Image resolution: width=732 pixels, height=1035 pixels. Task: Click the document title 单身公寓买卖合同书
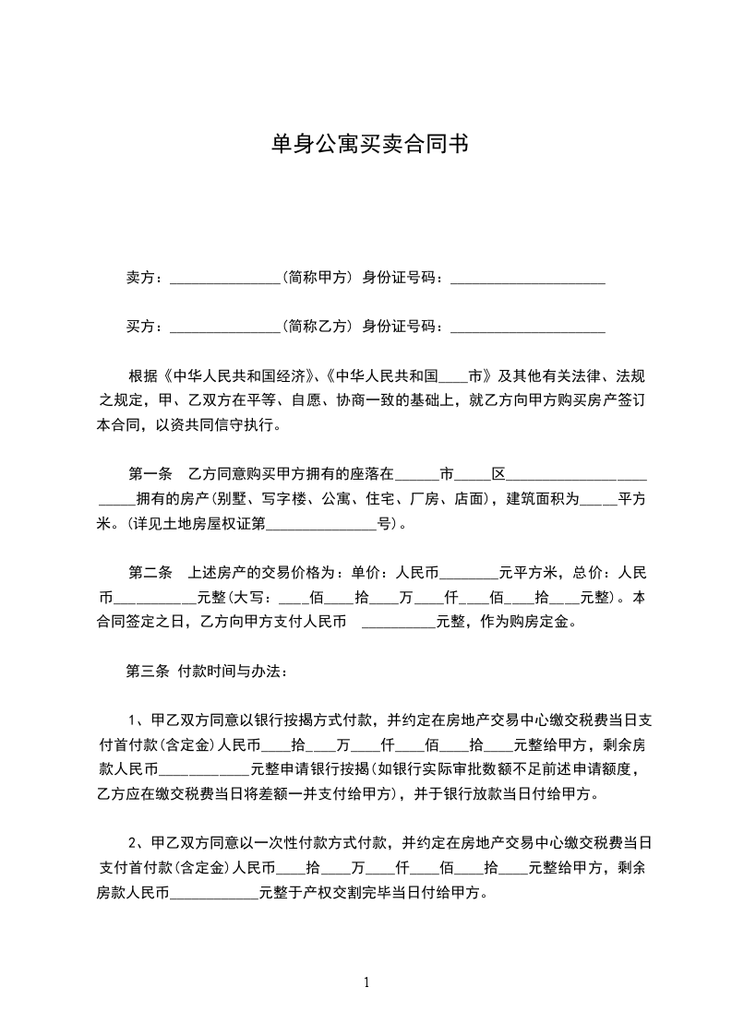pos(366,145)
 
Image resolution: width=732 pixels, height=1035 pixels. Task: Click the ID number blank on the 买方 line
pos(527,327)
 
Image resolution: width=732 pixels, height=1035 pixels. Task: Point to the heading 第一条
pos(150,475)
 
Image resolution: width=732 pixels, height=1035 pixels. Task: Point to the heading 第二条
pos(150,573)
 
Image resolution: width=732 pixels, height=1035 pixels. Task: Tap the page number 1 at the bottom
pos(366,982)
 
